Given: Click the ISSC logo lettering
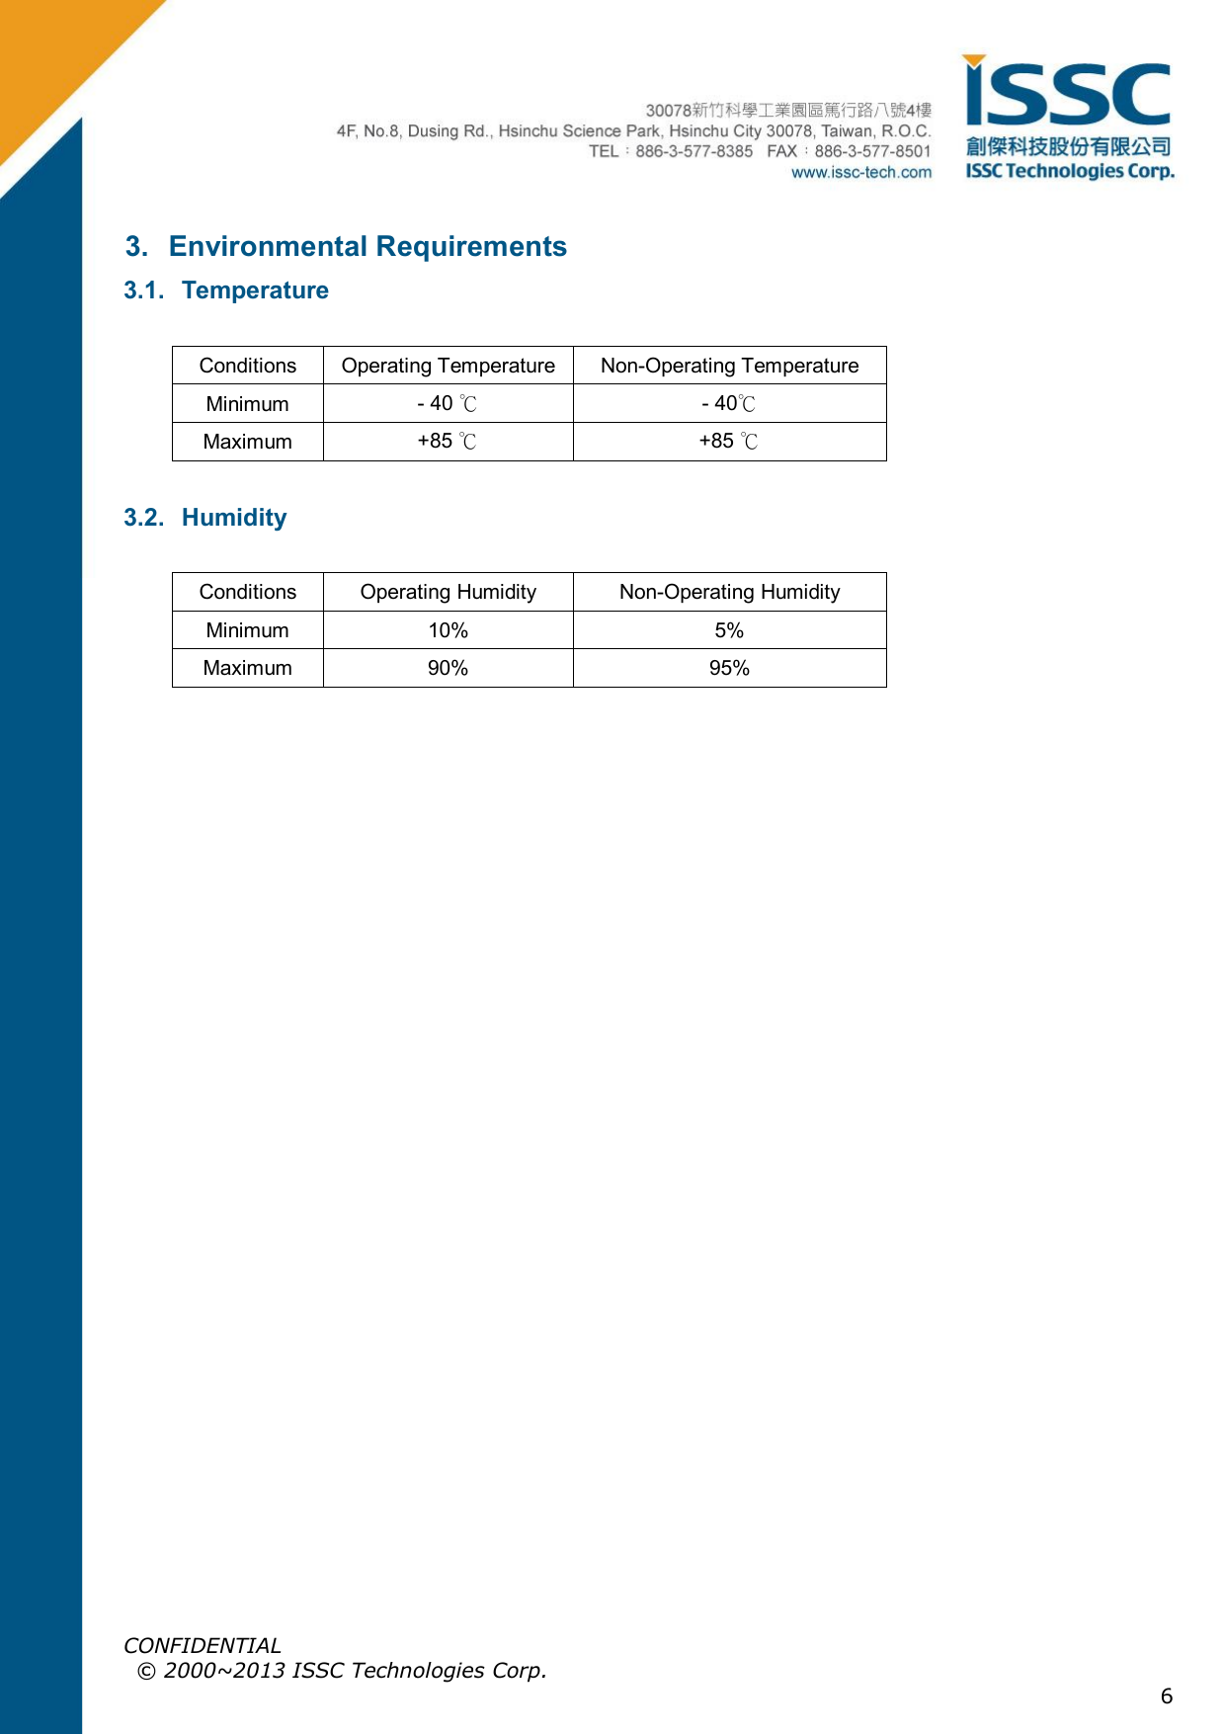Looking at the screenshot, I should tap(1068, 95).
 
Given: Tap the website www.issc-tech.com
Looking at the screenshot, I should tap(860, 173).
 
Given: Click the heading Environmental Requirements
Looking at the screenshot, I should tap(367, 246).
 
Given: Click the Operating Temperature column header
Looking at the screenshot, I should tap(448, 366).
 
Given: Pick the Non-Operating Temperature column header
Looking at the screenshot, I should tap(729, 366).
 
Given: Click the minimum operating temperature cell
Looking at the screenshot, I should tap(448, 403).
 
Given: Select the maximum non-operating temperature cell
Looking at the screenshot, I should tap(729, 442).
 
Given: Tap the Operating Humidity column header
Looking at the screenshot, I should tap(448, 592).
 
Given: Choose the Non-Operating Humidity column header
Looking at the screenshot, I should tap(729, 592).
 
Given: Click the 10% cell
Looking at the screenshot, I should tap(448, 630).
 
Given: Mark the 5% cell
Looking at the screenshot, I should tap(729, 630).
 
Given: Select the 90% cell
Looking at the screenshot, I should tap(448, 668).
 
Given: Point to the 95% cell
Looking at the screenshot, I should tap(729, 668).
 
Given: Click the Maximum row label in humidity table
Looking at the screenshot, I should tap(247, 668).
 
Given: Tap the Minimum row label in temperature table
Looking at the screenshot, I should tap(247, 404).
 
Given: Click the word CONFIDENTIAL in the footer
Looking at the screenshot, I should tap(203, 1645).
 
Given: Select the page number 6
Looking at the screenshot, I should tap(1167, 1696).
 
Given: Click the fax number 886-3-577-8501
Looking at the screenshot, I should tap(872, 151).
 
